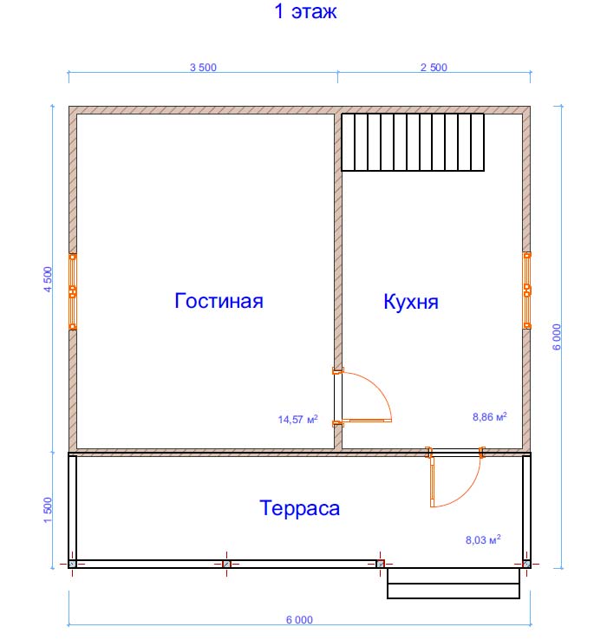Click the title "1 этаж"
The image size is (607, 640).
click(306, 11)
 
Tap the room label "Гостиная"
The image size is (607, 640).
click(219, 301)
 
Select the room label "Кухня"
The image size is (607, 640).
click(411, 303)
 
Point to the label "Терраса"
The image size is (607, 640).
click(300, 508)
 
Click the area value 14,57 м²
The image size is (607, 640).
click(298, 419)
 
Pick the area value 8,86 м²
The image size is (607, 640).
click(490, 417)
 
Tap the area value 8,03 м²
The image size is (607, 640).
click(483, 539)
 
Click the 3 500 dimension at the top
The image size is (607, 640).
click(203, 68)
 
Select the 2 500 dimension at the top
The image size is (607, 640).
click(434, 68)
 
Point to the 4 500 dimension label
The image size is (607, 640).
click(49, 279)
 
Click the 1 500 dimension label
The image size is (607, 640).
click(49, 510)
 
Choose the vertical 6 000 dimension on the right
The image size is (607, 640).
click(557, 336)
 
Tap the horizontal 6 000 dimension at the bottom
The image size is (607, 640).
click(299, 619)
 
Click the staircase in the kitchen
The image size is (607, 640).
click(413, 142)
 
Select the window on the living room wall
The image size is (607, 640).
click(73, 291)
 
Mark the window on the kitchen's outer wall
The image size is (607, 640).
click(527, 291)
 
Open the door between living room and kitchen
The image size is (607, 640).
click(362, 396)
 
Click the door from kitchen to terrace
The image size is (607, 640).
click(455, 477)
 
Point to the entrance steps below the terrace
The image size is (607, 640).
click(454, 584)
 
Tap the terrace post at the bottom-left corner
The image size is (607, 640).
click(72, 564)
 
